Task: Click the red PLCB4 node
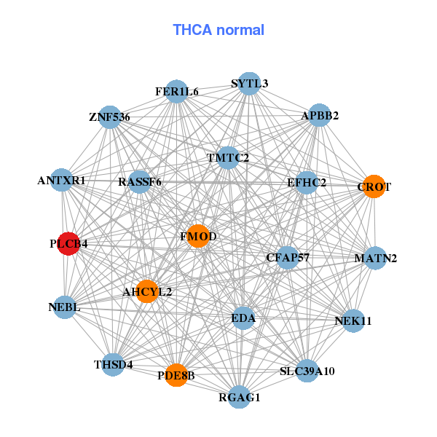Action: (68, 245)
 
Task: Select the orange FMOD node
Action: (198, 236)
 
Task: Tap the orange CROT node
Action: (373, 186)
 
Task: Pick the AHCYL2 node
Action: (147, 291)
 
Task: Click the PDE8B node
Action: (176, 375)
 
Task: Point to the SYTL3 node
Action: (250, 83)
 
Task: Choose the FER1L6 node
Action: (177, 92)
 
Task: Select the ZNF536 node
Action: (110, 117)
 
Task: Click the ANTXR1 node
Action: (62, 179)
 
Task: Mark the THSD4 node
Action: (113, 364)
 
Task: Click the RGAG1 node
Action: (240, 397)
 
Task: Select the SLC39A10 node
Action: (307, 371)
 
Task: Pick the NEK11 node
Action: (353, 320)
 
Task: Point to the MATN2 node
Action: (375, 258)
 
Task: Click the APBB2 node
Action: (320, 115)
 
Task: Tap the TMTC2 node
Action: (227, 157)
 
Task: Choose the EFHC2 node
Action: (307, 182)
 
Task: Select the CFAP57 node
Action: (288, 257)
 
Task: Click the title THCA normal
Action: (219, 30)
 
